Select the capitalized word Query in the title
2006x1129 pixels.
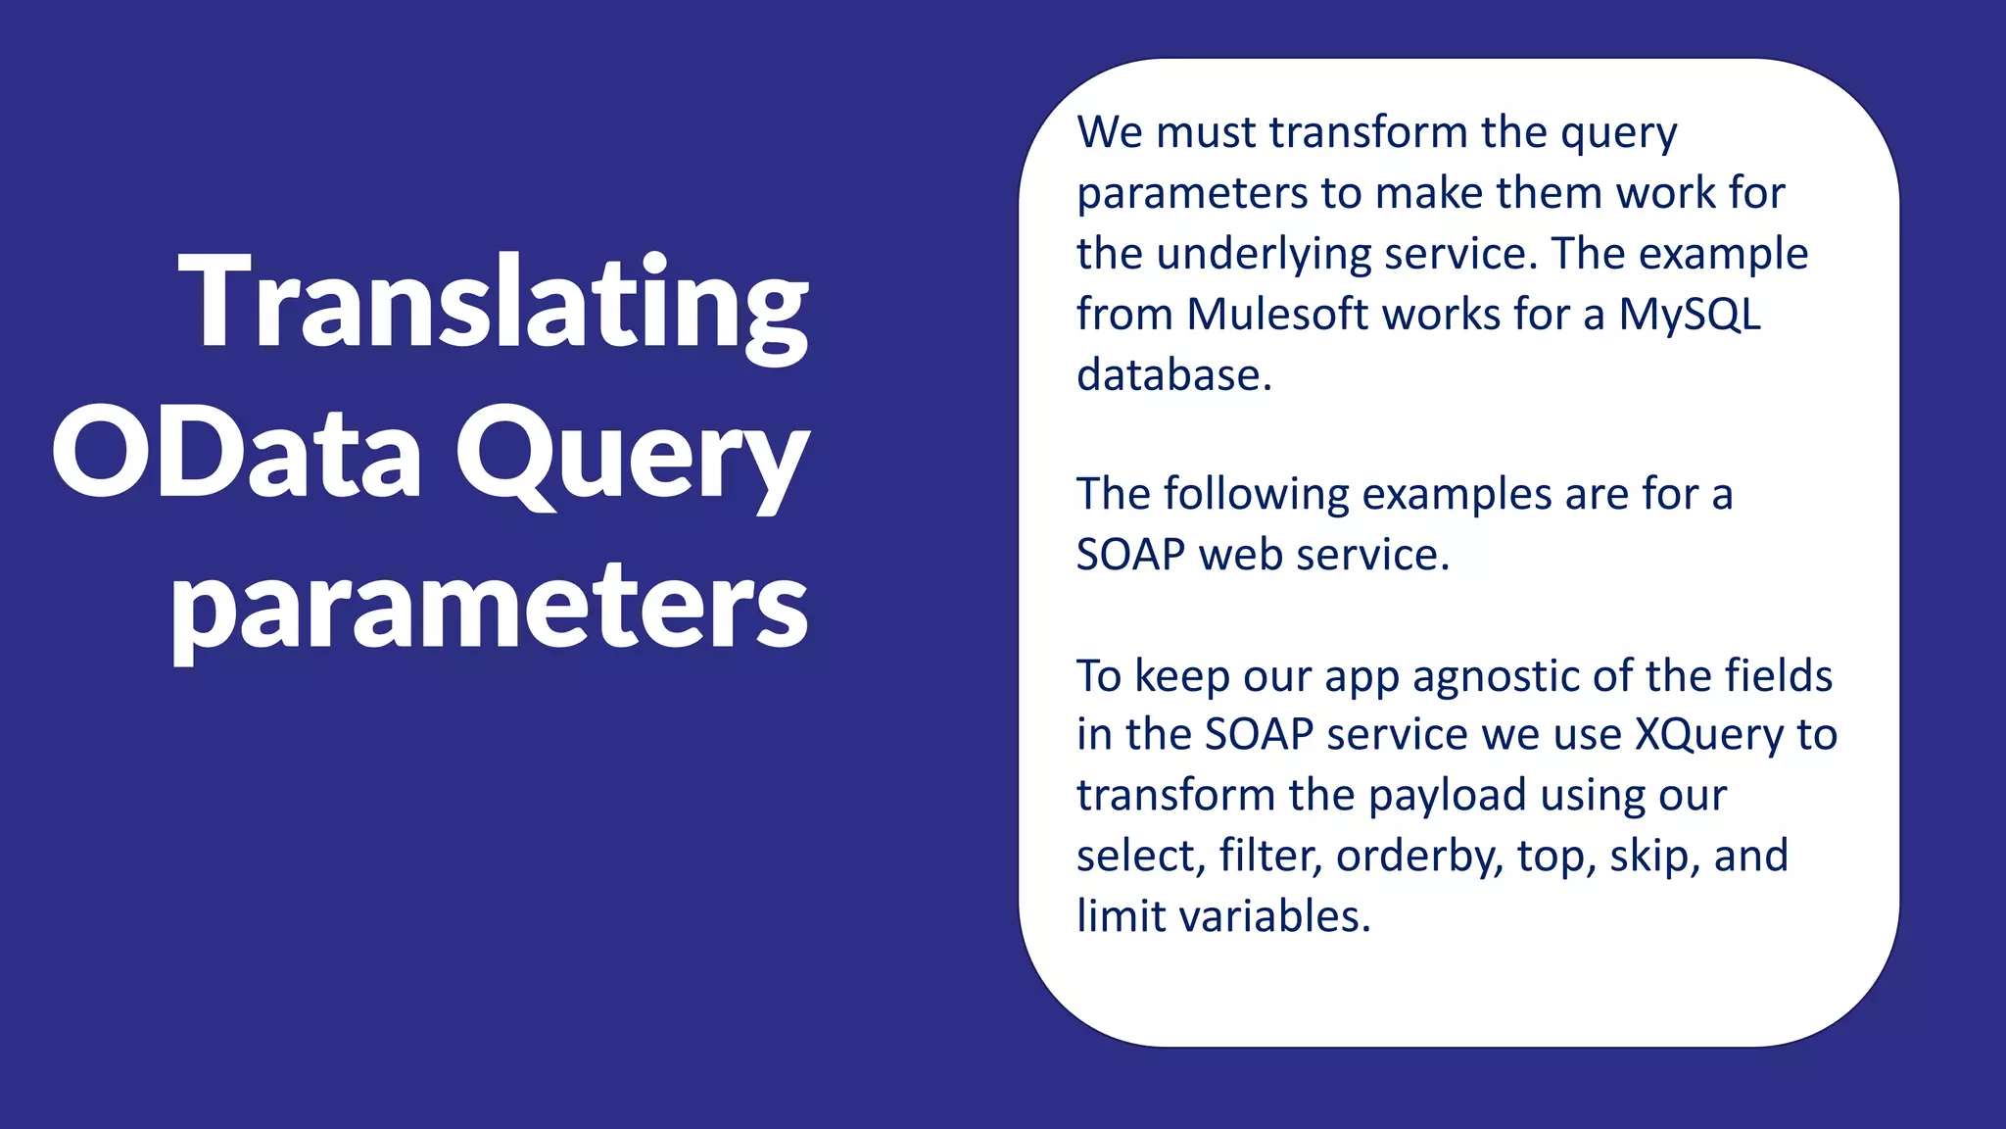[632, 457]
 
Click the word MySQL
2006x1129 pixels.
[1689, 315]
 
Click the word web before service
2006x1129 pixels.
[1241, 556]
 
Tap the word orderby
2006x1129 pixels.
[1419, 857]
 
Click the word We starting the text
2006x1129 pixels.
[1109, 132]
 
